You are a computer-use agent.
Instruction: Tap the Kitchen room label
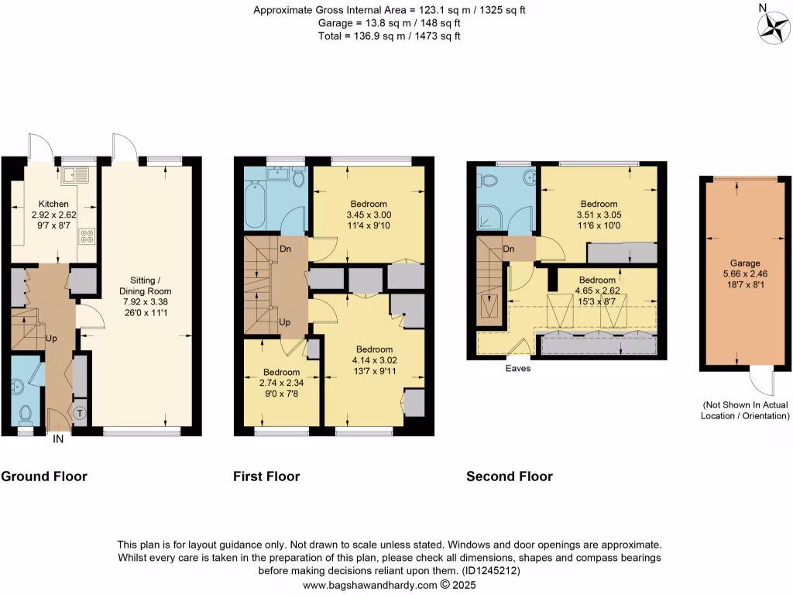pyautogui.click(x=54, y=205)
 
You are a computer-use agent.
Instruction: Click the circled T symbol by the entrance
pyautogui.click(x=79, y=414)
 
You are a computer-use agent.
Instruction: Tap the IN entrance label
pyautogui.click(x=58, y=439)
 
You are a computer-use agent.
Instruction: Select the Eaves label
pyautogui.click(x=517, y=369)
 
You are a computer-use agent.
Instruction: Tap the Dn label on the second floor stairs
pyautogui.click(x=509, y=249)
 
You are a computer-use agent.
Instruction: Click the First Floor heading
pyautogui.click(x=266, y=476)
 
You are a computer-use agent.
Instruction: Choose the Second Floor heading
pyautogui.click(x=509, y=476)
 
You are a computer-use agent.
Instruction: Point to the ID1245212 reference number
pyautogui.click(x=492, y=571)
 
